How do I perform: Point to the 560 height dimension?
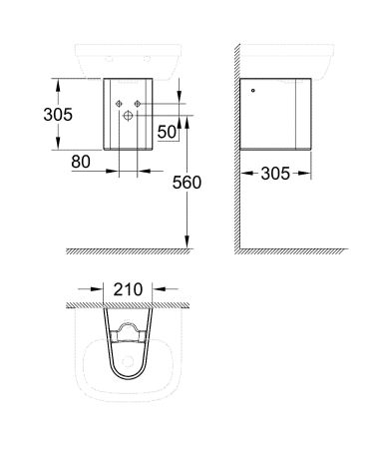(x=186, y=183)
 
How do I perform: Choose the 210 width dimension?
(x=128, y=289)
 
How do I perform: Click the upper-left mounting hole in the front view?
(x=118, y=103)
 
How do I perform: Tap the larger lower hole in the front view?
(x=128, y=116)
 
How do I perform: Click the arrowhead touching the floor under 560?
(x=187, y=244)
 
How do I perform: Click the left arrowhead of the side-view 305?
(x=244, y=174)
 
